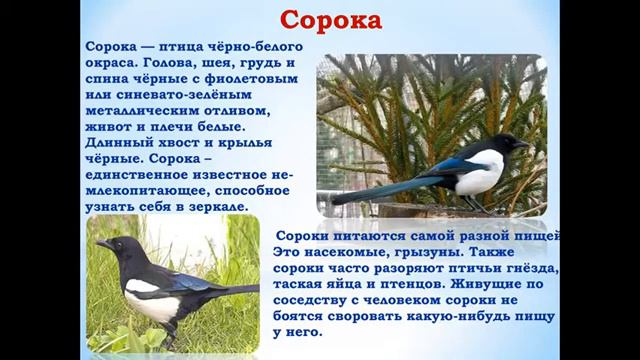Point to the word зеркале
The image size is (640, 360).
(x=216, y=206)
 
